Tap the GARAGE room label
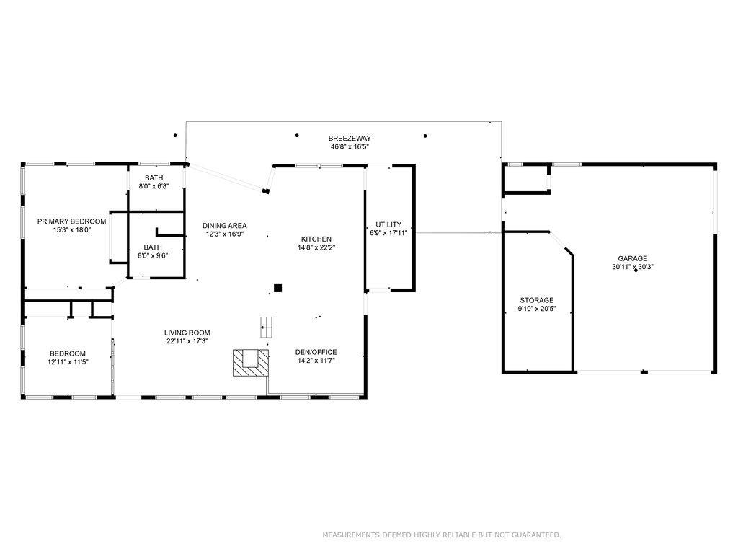coord(632,258)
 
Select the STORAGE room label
coord(537,300)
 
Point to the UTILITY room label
coord(388,224)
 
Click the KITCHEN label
coord(316,239)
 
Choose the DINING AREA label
coord(224,225)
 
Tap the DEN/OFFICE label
coord(316,352)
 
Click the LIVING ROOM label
coord(187,333)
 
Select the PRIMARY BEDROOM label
coord(71,221)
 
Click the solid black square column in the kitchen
coord(277,289)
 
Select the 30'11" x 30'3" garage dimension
coord(632,267)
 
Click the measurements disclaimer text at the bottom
coord(441,535)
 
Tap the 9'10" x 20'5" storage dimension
coord(537,309)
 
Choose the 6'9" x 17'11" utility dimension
coord(388,233)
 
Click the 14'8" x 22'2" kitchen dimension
coord(316,247)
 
